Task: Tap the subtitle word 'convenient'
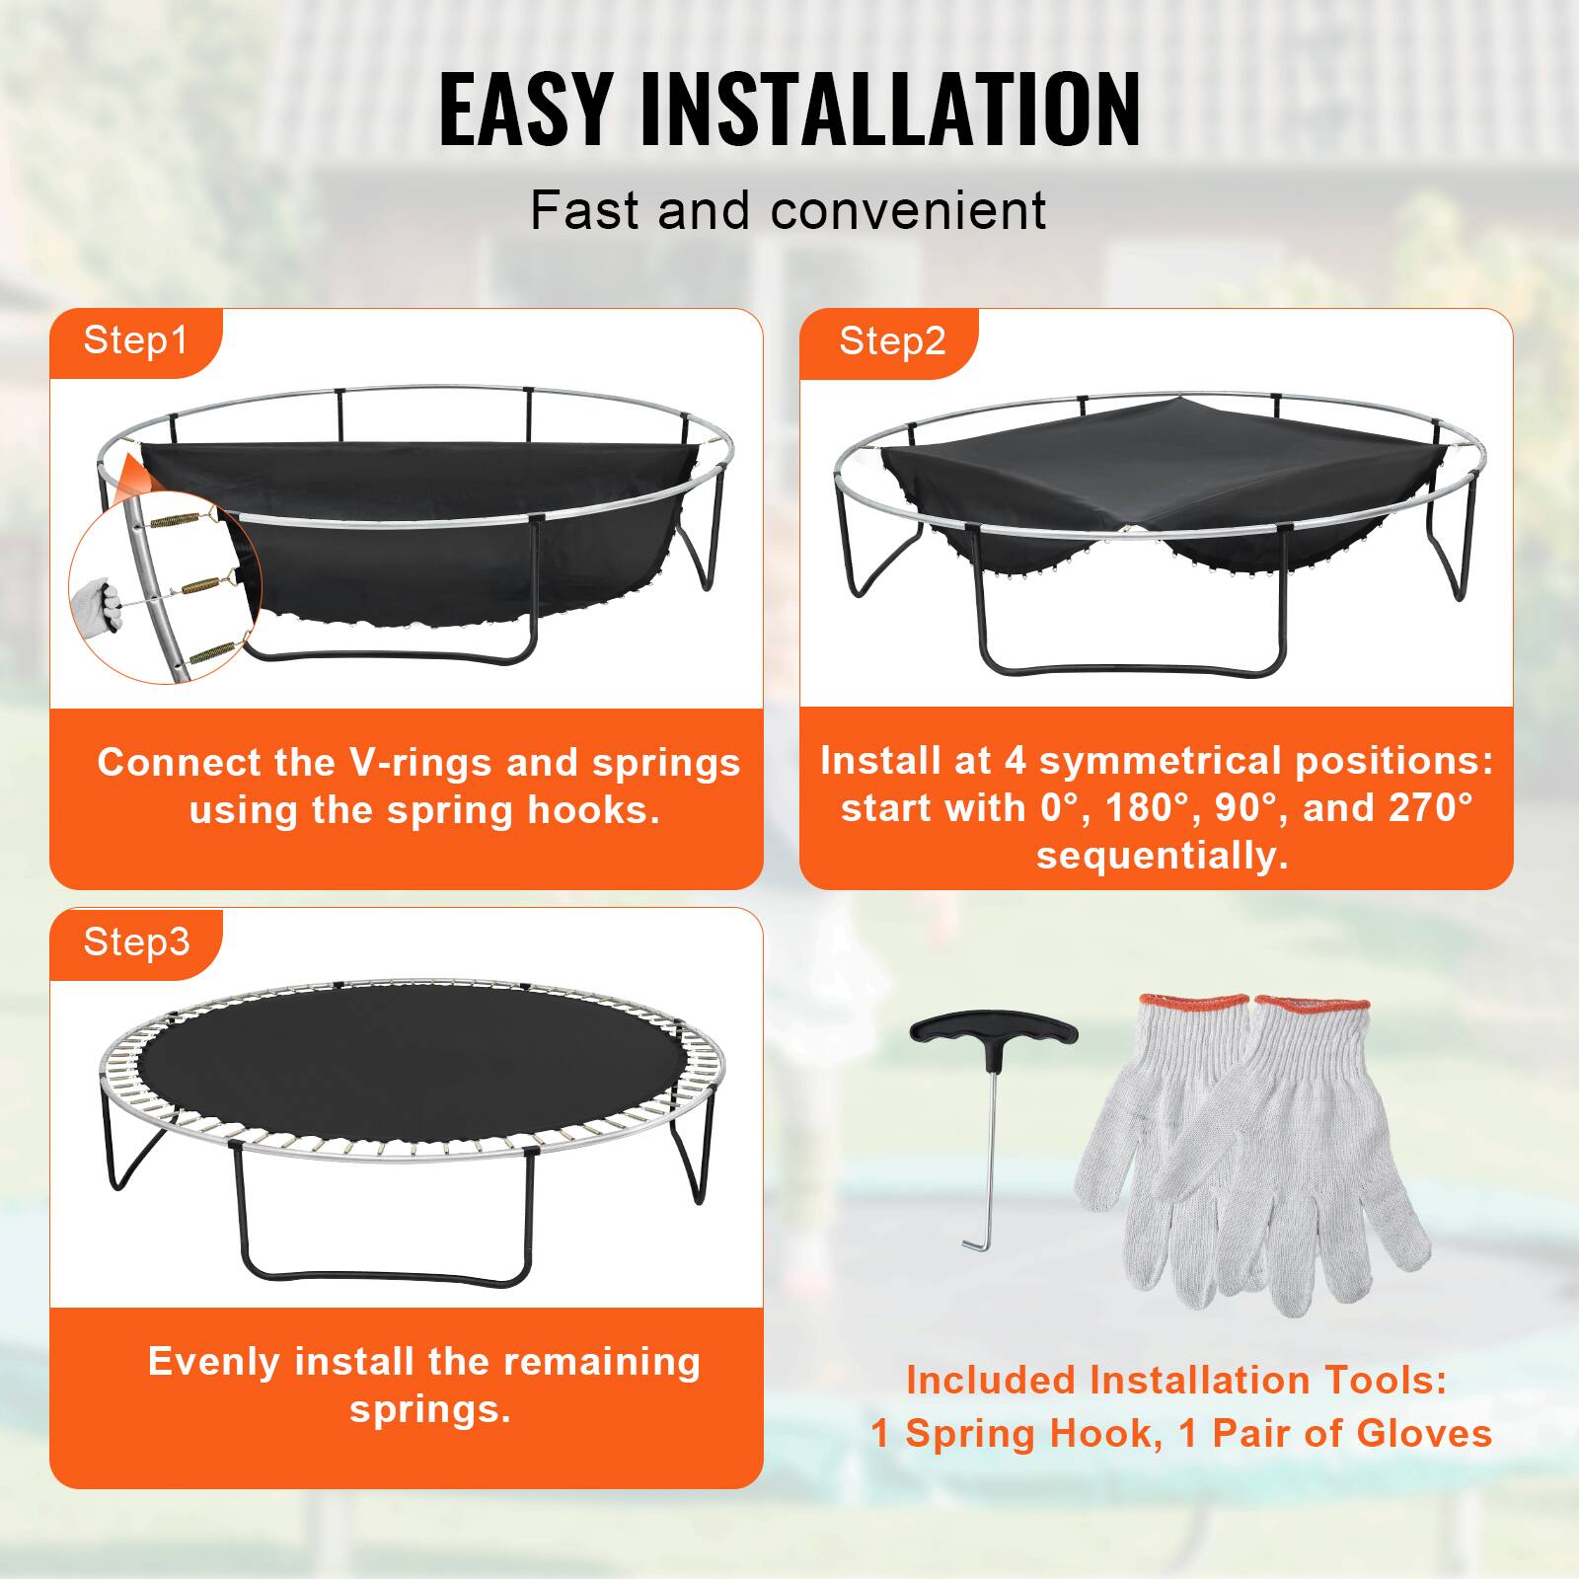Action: (x=908, y=210)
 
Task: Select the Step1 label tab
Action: (x=135, y=340)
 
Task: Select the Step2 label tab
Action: (x=891, y=341)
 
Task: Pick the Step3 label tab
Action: (x=136, y=941)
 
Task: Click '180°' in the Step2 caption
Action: (x=1145, y=808)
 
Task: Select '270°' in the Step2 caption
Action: (x=1431, y=808)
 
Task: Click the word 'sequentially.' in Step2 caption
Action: (x=1162, y=855)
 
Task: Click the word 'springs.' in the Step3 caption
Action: (x=430, y=1409)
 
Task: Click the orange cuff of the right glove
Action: (x=1313, y=1008)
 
